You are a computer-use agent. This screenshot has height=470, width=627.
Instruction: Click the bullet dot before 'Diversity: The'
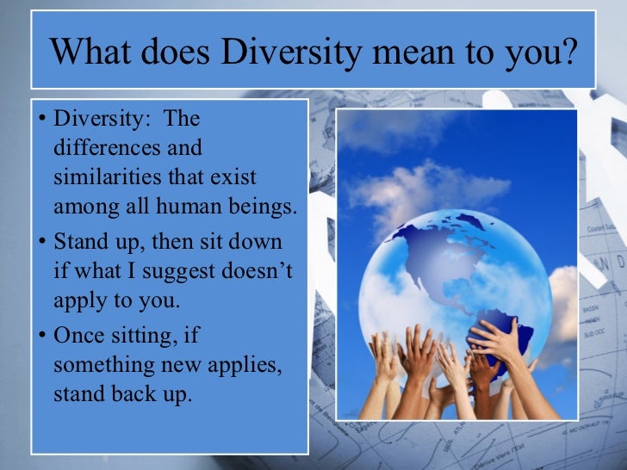pos(43,118)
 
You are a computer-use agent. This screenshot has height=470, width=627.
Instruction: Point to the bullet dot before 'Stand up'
pos(43,243)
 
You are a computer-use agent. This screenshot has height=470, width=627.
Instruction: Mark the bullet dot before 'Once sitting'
pos(43,336)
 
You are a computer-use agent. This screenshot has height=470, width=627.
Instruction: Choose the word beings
pos(263,209)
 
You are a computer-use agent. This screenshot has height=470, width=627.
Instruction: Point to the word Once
pos(78,335)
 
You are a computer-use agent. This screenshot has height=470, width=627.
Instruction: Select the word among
pos(83,209)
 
